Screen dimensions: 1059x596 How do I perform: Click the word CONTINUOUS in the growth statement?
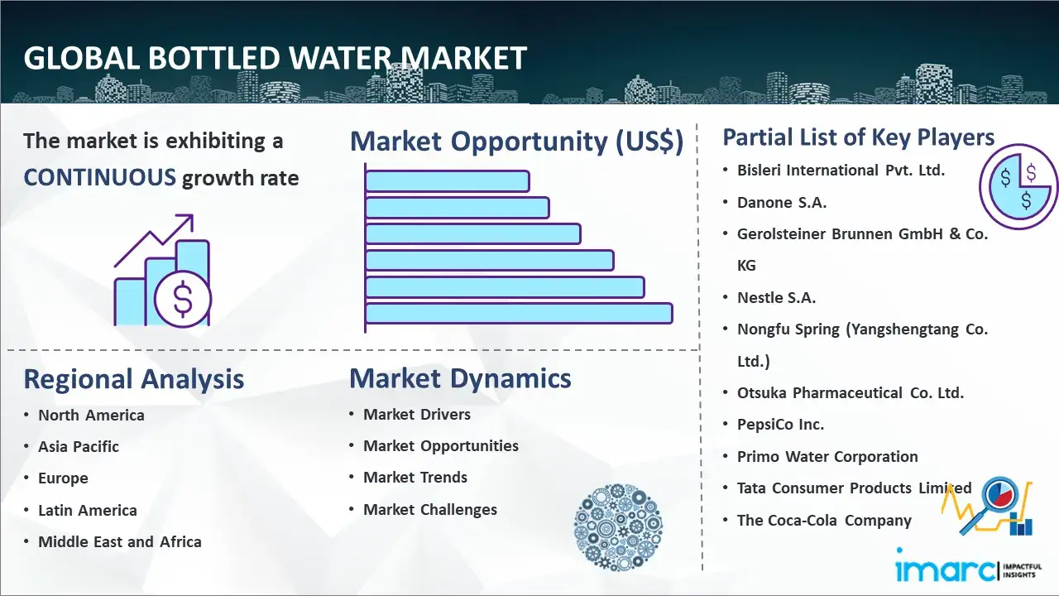click(100, 178)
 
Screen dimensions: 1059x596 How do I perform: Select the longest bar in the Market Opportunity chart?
click(519, 314)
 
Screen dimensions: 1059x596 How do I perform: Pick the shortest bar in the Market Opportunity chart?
click(448, 181)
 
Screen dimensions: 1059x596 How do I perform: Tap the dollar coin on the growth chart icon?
click(183, 299)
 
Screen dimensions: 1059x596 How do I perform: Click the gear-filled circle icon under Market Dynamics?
click(618, 527)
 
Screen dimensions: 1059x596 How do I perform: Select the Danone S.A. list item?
click(782, 203)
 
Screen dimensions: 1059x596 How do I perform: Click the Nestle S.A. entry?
click(776, 297)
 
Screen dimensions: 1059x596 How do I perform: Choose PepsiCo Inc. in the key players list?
click(780, 425)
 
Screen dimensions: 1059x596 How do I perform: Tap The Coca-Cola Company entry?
click(824, 521)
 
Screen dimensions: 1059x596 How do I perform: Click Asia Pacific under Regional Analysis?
click(79, 446)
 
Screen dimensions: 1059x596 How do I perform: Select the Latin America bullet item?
click(88, 511)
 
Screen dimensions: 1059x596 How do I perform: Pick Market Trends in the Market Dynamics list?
click(415, 478)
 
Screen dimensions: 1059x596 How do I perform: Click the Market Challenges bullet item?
click(430, 509)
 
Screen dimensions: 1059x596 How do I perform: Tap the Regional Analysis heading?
click(134, 379)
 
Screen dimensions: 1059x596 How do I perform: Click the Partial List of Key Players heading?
click(859, 137)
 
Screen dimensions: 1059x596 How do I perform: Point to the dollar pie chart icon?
click(1018, 187)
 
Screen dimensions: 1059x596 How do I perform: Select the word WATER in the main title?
click(339, 58)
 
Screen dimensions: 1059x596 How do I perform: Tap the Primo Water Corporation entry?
click(827, 456)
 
